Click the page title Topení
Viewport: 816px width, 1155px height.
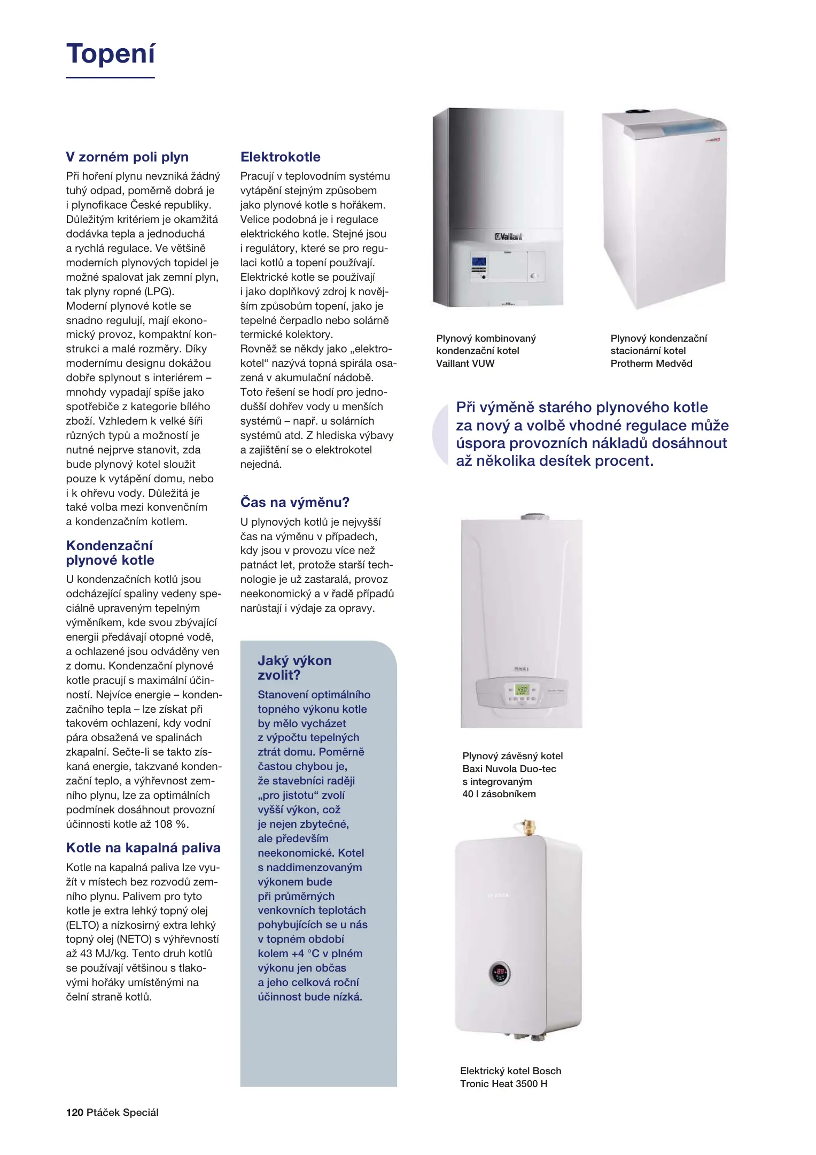111,54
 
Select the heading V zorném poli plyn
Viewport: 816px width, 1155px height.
127,157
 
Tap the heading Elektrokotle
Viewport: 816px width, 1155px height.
280,157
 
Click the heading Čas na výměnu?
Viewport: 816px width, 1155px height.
294,502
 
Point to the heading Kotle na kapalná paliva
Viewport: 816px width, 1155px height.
143,848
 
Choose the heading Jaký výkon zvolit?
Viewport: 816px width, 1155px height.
294,668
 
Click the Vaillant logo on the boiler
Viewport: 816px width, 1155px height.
508,236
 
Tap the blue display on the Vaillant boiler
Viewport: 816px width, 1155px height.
479,263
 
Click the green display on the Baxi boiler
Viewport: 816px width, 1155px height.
521,690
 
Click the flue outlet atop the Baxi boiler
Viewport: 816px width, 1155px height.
534,517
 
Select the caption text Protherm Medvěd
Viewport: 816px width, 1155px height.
651,364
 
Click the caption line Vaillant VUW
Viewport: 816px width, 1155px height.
465,364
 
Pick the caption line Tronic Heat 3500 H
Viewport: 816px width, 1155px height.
503,1083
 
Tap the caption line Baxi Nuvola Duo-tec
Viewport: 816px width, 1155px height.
509,768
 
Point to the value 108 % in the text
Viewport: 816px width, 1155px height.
171,824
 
